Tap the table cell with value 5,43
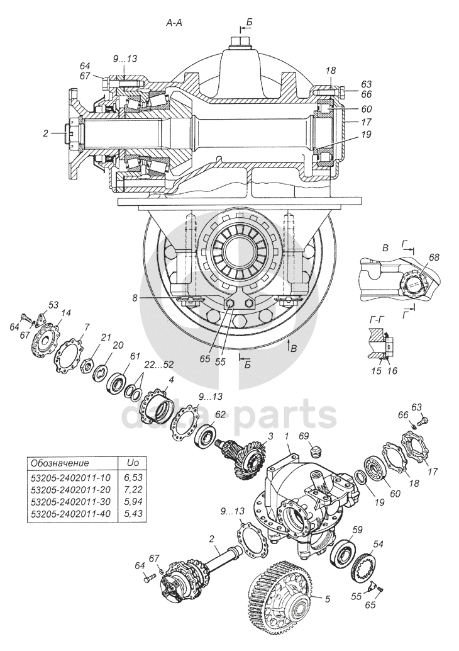pos(135,514)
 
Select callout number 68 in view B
pos(434,257)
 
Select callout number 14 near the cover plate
pos(67,312)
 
